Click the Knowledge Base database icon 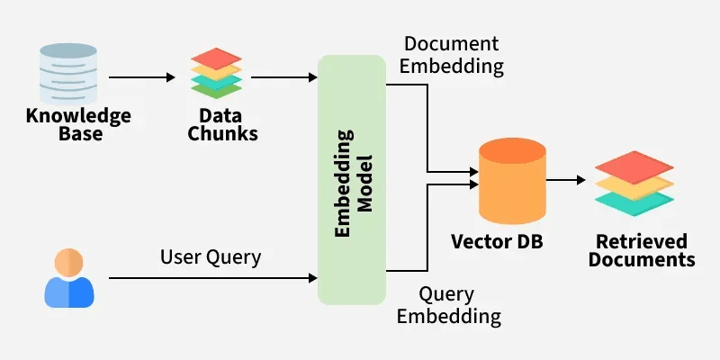pos(66,67)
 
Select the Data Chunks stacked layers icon pos(216,73)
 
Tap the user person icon pos(69,277)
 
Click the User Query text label pos(211,257)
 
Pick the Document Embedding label pos(453,55)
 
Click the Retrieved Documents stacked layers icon pos(634,184)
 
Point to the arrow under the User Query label pos(211,278)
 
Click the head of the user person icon pos(69,262)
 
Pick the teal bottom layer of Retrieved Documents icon pos(634,202)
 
